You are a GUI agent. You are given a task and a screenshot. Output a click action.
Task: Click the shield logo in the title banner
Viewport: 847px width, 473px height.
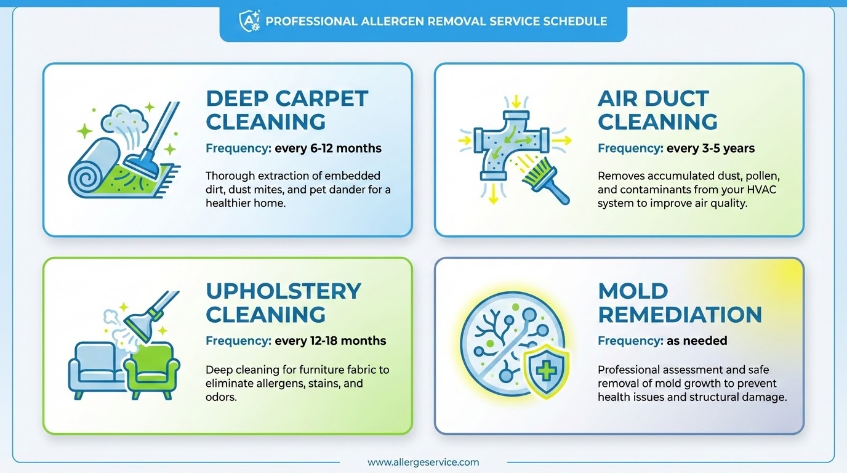[248, 21]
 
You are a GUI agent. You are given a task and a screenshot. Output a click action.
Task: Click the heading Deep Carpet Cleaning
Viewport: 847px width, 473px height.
[287, 110]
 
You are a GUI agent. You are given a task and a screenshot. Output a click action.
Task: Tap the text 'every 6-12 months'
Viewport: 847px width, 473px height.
[328, 148]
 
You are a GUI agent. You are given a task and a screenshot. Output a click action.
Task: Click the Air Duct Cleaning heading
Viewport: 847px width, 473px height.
[657, 110]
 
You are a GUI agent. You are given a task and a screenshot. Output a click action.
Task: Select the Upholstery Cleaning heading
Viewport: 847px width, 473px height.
[283, 302]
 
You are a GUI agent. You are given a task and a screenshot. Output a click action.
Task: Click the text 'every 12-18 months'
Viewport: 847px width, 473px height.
[331, 341]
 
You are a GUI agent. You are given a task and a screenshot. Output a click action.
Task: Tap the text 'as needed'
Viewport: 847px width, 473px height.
[697, 341]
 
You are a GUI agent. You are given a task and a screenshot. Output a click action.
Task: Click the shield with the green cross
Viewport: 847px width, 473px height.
[546, 372]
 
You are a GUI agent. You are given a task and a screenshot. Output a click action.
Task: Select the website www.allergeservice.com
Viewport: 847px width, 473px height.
[423, 462]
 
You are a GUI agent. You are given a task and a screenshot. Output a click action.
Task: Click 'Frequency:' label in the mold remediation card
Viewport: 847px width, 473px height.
[630, 341]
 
